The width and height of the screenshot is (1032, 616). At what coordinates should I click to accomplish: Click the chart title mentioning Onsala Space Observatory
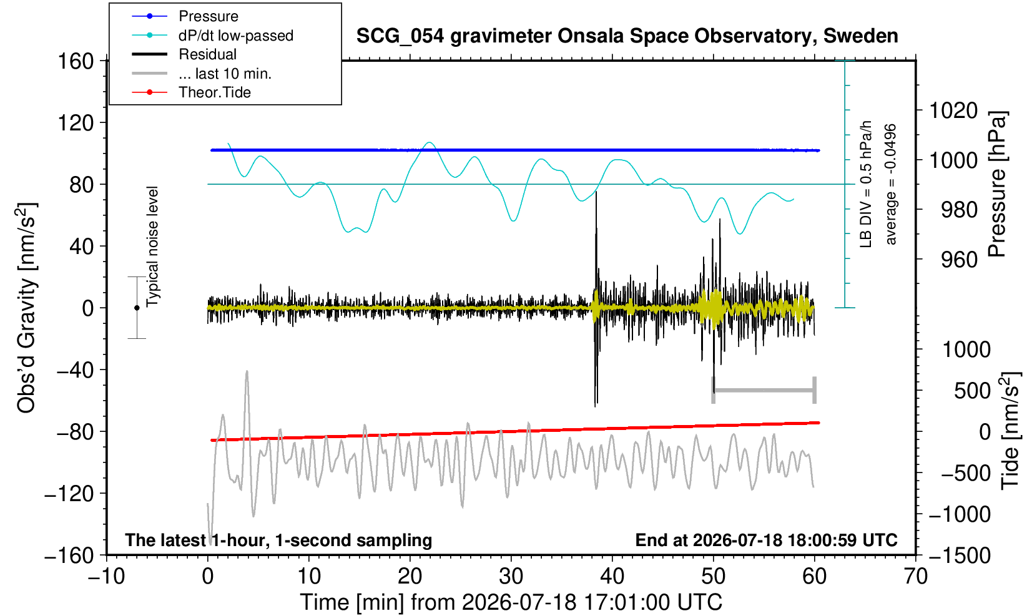click(627, 36)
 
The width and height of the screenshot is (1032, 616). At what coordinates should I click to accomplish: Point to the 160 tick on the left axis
click(76, 61)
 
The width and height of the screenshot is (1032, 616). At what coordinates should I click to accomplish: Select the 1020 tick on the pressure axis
click(953, 110)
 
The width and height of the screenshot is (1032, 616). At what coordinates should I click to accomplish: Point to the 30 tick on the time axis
click(511, 577)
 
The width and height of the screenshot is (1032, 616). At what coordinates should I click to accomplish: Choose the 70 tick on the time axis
click(916, 577)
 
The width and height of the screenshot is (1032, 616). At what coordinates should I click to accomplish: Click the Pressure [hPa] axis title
click(998, 184)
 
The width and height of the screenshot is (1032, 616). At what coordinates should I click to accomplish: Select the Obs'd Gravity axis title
click(26, 308)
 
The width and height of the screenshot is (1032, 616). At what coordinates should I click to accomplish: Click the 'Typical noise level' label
click(152, 247)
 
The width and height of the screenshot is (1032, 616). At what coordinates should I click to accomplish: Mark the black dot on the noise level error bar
click(137, 308)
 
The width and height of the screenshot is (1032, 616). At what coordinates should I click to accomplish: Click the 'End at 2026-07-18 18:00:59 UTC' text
click(766, 540)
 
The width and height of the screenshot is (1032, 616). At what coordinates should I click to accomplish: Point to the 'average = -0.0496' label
click(890, 184)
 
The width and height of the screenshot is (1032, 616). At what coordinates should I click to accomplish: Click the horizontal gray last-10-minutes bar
click(764, 391)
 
